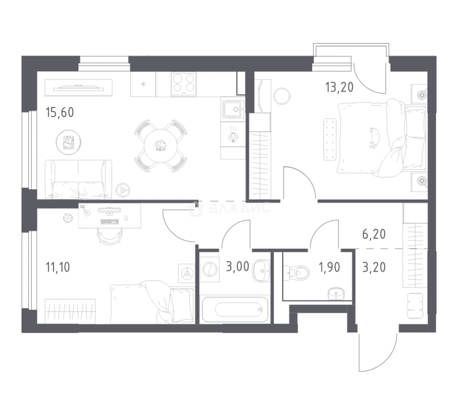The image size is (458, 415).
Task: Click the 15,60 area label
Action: [x=60, y=112]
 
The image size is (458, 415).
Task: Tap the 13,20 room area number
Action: [x=339, y=87]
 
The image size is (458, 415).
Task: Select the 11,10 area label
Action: [x=58, y=267]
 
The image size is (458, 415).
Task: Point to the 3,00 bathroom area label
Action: [x=238, y=267]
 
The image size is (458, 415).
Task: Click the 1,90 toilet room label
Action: [x=329, y=267]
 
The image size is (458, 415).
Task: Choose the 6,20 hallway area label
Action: [x=374, y=234]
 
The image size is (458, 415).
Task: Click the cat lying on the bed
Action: [x=373, y=138]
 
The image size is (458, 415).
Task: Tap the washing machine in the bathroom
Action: [x=210, y=269]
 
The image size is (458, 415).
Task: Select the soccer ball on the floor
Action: [x=68, y=218]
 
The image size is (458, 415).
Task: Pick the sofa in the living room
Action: [x=78, y=179]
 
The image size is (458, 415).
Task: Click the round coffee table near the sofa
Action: [x=69, y=142]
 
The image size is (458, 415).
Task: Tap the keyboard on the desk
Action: [x=109, y=222]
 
